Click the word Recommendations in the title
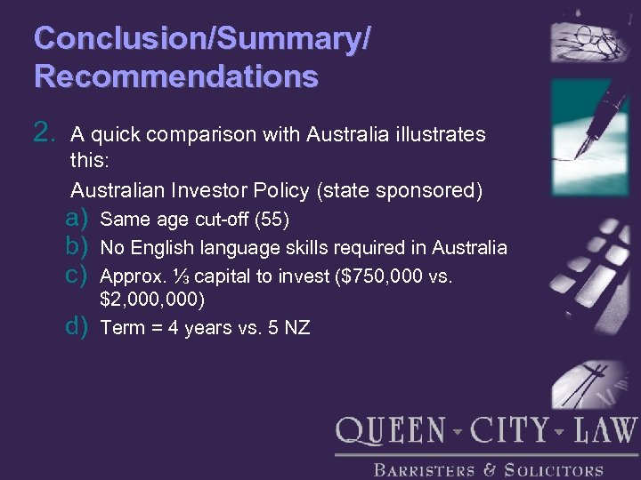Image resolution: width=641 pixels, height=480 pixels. [x=176, y=76]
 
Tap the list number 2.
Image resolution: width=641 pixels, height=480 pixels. [x=45, y=134]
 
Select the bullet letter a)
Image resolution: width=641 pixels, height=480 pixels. [x=77, y=219]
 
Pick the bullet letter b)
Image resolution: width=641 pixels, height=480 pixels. [x=77, y=247]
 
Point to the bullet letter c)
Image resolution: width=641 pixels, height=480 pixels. [x=77, y=276]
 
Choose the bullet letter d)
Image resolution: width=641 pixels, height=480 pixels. [x=77, y=326]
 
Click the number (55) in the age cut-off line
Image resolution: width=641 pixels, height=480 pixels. [x=272, y=220]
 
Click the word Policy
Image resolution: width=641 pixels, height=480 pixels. [x=329, y=190]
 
